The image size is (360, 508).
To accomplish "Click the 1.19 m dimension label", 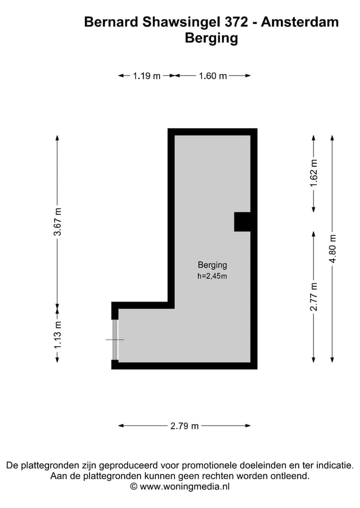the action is click(x=146, y=76).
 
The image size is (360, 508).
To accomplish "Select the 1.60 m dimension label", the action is click(x=213, y=76).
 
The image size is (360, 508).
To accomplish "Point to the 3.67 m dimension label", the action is click(x=57, y=222).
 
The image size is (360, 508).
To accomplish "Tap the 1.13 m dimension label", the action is click(x=57, y=335).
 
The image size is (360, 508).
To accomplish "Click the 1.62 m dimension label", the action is click(x=313, y=173).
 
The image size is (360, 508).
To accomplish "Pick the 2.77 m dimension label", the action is click(x=313, y=297).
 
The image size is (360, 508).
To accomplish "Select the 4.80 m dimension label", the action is click(x=332, y=248).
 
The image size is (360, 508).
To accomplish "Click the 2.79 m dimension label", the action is click(x=184, y=426).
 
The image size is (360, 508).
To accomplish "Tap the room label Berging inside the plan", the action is click(x=212, y=265).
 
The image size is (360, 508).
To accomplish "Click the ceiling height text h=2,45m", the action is click(x=212, y=276).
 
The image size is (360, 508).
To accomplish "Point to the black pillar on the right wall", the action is click(x=242, y=222).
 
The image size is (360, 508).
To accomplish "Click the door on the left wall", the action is click(x=115, y=340).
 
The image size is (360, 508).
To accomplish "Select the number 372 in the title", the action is click(x=236, y=22).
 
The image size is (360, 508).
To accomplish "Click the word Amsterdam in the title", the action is click(x=300, y=22).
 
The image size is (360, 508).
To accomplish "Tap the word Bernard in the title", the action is click(x=111, y=22).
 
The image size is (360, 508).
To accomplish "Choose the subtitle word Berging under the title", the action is click(x=211, y=38).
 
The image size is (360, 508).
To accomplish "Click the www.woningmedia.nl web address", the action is click(x=184, y=487).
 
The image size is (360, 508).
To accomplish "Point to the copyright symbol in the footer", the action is click(x=133, y=487).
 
